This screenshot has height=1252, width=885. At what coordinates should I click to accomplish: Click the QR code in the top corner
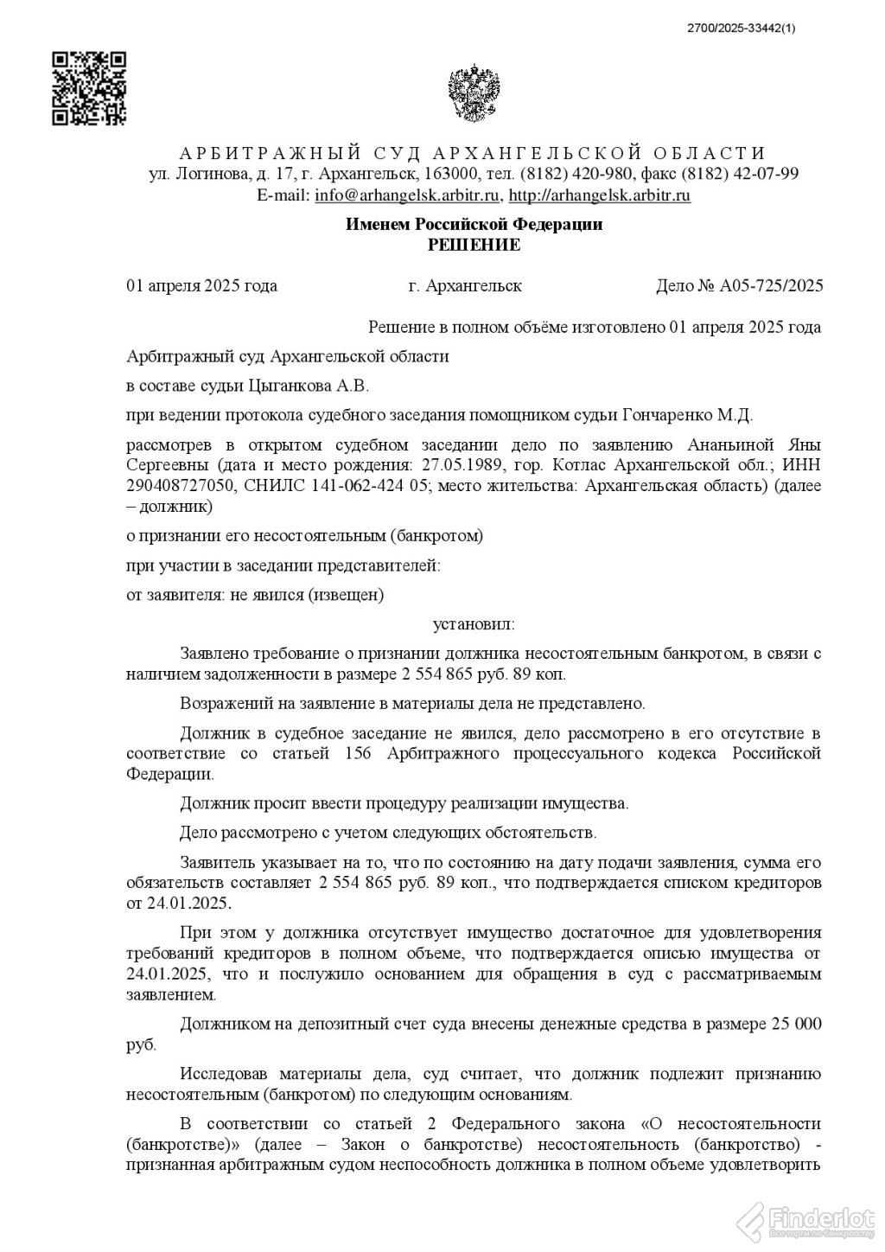pos(90,87)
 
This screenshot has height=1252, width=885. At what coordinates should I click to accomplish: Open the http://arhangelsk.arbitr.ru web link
pos(600,195)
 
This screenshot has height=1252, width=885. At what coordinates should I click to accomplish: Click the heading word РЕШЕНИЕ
pos(474,245)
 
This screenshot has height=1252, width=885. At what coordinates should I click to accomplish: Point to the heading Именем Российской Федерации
pos(474,225)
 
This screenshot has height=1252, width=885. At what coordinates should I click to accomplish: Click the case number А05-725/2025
pos(771,286)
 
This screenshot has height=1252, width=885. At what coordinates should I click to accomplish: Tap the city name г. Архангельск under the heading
pos(465,286)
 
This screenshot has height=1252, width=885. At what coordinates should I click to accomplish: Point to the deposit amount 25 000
pos(794,1025)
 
